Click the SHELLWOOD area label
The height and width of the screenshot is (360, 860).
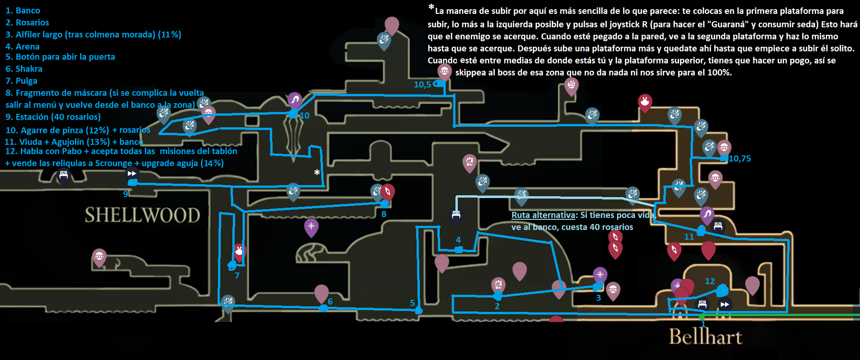[x=142, y=215]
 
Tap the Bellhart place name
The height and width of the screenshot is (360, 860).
[x=705, y=336]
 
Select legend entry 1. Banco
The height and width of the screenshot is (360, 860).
[x=23, y=10]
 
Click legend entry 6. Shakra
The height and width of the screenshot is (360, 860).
[x=24, y=68]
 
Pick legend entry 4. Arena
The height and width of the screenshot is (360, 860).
[x=23, y=46]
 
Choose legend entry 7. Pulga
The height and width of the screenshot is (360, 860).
[x=21, y=81]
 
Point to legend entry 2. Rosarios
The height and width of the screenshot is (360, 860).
[x=27, y=22]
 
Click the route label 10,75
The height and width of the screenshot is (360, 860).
[x=740, y=159]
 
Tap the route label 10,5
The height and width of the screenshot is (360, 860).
[x=422, y=84]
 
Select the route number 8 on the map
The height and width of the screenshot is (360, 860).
[x=384, y=214]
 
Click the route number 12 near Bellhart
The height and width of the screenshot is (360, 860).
[x=710, y=281]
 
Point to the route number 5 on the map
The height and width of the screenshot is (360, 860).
[x=412, y=303]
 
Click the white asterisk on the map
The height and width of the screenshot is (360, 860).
[x=317, y=173]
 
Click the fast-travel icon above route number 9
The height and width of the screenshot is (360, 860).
[x=132, y=174]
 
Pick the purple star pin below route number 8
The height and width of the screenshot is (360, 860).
[x=311, y=226]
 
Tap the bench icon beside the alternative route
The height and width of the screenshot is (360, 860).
[x=456, y=215]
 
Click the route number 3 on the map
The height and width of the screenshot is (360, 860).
[x=598, y=298]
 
